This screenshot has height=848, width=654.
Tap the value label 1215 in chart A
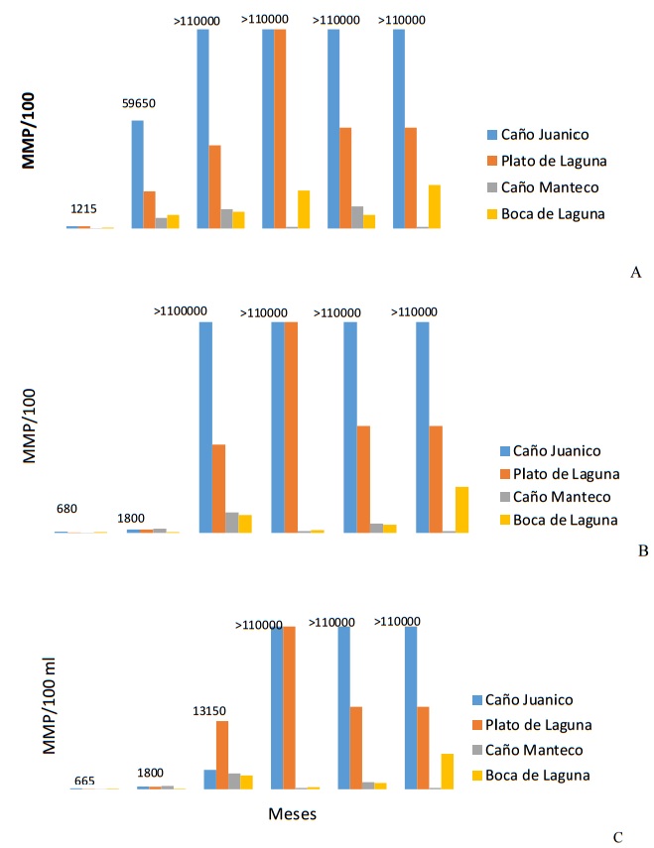83,209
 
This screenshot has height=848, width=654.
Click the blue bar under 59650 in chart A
137,175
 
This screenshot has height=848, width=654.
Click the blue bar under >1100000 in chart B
205,426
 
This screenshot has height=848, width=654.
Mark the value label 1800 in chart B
134,518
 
